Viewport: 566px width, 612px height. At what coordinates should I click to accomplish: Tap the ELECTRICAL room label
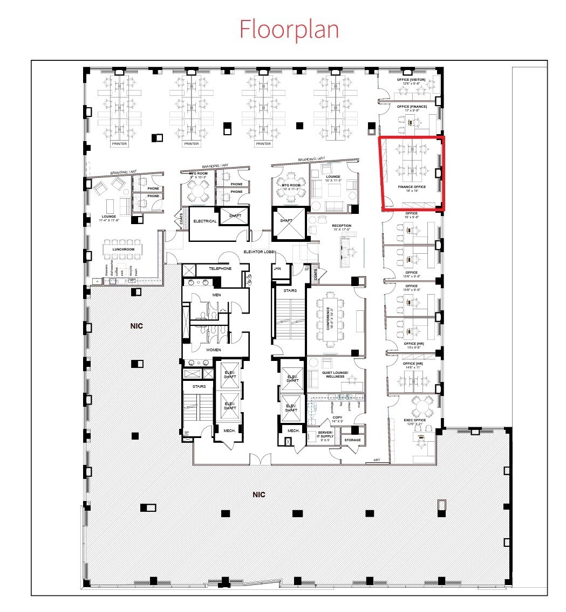pos(204,221)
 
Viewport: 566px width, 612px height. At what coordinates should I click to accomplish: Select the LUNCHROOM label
pos(124,249)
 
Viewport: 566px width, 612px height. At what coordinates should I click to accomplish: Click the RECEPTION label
pos(342,226)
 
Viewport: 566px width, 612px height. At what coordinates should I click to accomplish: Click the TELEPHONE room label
pos(220,268)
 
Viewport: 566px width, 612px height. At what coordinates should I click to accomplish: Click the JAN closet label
pos(277,268)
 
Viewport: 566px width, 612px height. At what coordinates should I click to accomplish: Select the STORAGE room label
pos(352,440)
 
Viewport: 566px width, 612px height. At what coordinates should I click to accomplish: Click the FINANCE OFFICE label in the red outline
pos(412,187)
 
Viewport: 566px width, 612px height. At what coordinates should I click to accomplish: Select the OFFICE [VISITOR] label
pos(411,80)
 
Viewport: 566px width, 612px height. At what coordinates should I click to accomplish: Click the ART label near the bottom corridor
pos(377,461)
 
